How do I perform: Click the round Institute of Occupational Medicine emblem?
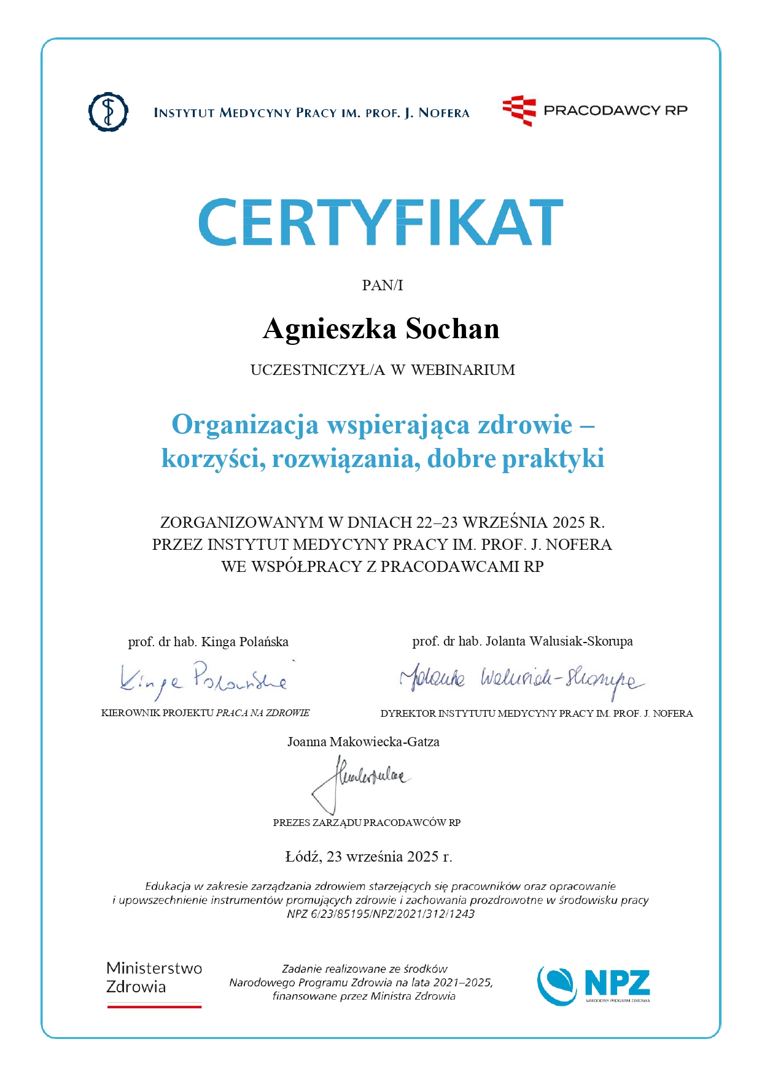[108, 112]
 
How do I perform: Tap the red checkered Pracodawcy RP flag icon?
[519, 110]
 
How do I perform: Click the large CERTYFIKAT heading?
[381, 222]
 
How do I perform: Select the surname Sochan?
[453, 330]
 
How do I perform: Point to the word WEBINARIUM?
[463, 370]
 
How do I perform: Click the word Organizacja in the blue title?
[245, 425]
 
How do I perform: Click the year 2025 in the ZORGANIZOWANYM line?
[569, 523]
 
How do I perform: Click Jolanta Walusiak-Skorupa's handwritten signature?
[522, 679]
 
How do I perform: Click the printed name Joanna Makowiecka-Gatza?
[364, 742]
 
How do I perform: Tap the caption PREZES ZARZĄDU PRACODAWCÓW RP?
[367, 823]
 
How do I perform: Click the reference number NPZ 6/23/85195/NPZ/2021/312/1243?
[381, 914]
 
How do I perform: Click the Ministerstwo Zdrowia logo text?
[154, 978]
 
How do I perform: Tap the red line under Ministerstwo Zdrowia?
[154, 1006]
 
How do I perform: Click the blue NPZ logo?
[593, 985]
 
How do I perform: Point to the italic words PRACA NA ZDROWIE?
[263, 713]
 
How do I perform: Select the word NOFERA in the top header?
[444, 113]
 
